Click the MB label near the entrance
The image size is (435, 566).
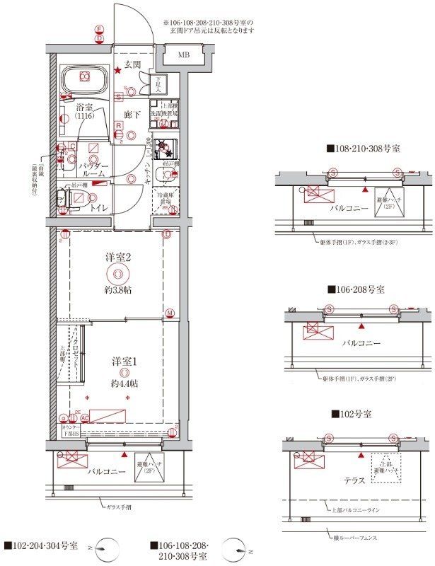point(183,55)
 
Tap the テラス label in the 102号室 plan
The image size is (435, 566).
point(354,480)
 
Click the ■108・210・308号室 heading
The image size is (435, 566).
point(363,149)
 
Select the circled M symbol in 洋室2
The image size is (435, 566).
point(170,313)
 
